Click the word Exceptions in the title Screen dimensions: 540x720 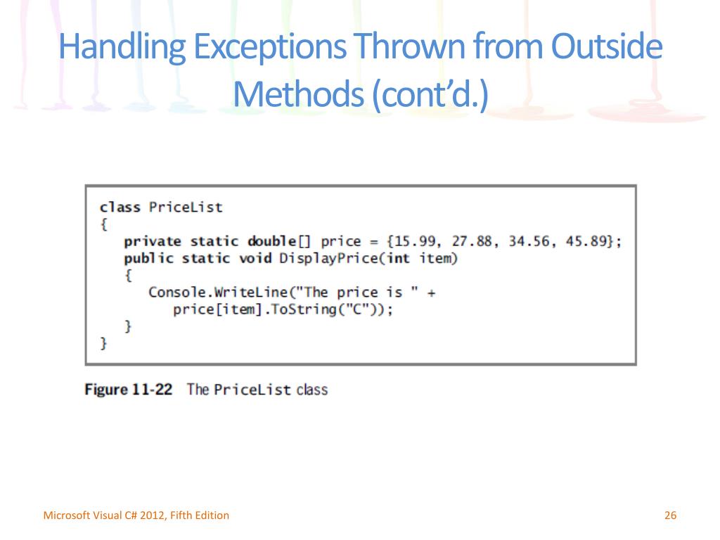click(269, 48)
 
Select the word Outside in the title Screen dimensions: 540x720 click(606, 48)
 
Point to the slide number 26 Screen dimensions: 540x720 click(669, 515)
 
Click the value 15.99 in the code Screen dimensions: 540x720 click(413, 241)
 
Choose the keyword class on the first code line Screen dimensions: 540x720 click(120, 207)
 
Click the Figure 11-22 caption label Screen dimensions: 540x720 click(128, 389)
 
